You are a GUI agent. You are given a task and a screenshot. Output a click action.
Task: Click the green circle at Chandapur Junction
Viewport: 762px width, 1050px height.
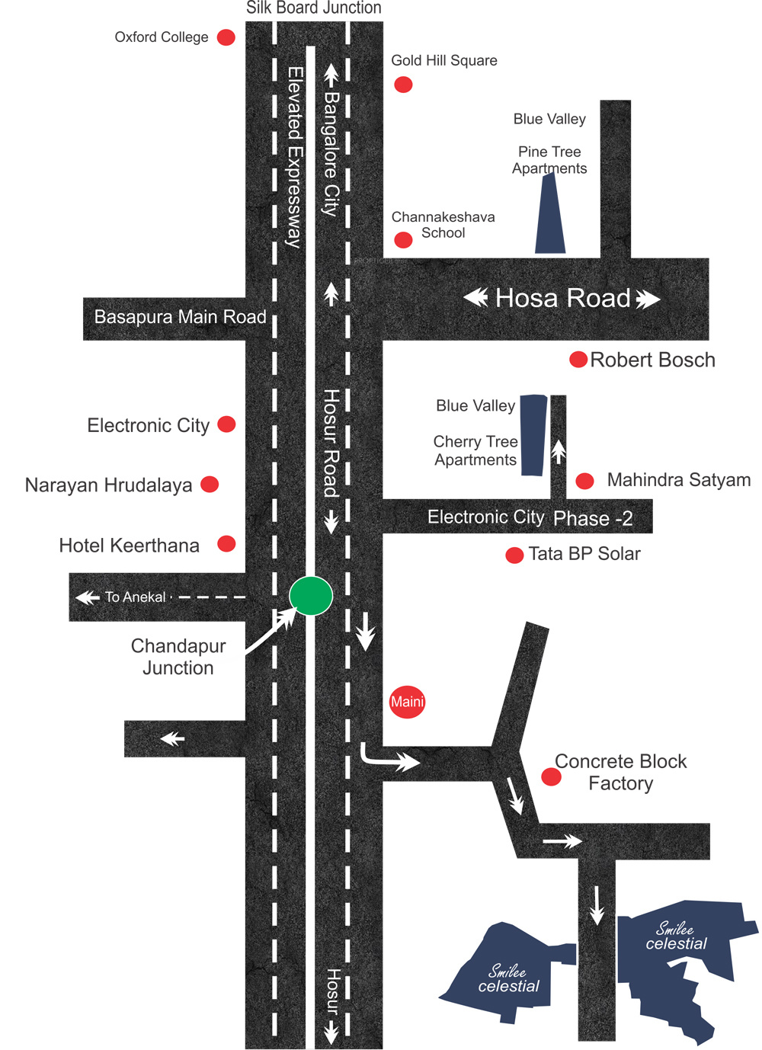pyautogui.click(x=311, y=596)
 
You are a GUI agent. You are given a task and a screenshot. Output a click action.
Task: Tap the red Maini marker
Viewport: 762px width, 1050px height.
pyautogui.click(x=407, y=702)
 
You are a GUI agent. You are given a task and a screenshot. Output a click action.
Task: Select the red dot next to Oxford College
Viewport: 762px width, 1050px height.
pyautogui.click(x=226, y=37)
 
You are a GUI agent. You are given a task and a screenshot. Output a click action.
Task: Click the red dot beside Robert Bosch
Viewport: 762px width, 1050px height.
pyautogui.click(x=578, y=359)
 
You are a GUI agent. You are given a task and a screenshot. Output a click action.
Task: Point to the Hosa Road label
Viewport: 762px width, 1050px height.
pyautogui.click(x=562, y=298)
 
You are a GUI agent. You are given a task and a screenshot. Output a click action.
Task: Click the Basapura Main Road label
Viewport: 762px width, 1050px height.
pyautogui.click(x=180, y=317)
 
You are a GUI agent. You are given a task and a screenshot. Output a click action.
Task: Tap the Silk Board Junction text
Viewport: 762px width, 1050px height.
pyautogui.click(x=313, y=8)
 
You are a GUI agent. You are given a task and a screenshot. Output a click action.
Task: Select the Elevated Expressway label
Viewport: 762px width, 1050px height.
pyautogui.click(x=294, y=157)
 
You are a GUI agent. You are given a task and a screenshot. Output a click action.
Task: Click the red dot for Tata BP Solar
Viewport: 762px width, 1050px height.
pyautogui.click(x=514, y=555)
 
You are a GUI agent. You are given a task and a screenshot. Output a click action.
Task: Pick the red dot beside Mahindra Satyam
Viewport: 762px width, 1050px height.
pyautogui.click(x=584, y=481)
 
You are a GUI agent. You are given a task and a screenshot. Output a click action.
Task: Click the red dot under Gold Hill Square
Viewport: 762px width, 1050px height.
pyautogui.click(x=403, y=85)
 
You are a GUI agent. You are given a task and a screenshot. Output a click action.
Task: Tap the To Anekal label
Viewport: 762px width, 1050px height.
pyautogui.click(x=135, y=597)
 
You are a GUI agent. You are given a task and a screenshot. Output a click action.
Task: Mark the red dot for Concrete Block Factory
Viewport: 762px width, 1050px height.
pyautogui.click(x=551, y=776)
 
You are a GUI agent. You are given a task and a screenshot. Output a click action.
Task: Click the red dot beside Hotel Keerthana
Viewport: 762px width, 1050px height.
pyautogui.click(x=226, y=543)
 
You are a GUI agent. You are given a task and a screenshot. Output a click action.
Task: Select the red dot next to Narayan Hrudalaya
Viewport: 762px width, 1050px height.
pyautogui.click(x=210, y=484)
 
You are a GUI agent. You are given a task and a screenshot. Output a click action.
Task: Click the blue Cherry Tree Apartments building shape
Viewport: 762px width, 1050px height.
pyautogui.click(x=533, y=435)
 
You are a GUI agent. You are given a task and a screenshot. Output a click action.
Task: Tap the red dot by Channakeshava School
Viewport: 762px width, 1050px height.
pyautogui.click(x=403, y=240)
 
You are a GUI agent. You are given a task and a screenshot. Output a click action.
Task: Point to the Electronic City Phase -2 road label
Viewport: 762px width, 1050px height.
pyautogui.click(x=530, y=517)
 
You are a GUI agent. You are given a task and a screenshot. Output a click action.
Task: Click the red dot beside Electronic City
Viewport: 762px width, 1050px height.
pyautogui.click(x=226, y=424)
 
